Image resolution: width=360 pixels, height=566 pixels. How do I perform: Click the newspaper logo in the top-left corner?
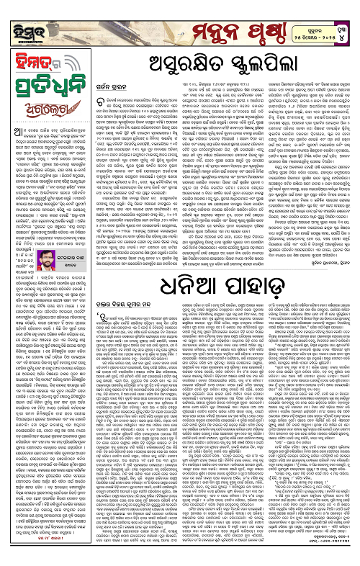[x=23, y=15]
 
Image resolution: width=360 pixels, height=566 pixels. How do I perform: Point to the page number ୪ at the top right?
[x=347, y=14]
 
